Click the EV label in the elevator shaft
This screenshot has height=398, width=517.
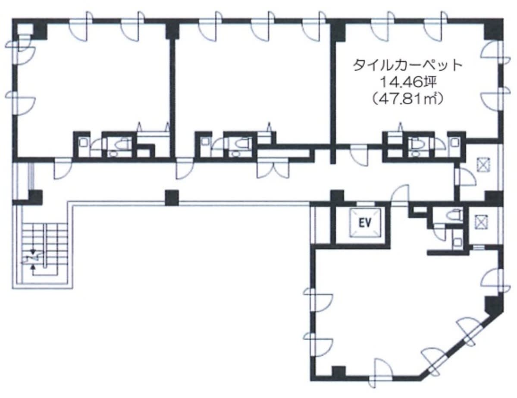pyautogui.click(x=365, y=223)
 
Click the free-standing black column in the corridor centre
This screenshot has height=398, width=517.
pyautogui.click(x=172, y=198)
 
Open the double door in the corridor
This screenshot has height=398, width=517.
pyautogui.click(x=273, y=168)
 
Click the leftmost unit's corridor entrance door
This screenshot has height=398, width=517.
pyautogui.click(x=63, y=169)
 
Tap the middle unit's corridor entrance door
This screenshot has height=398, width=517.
pyautogui.click(x=185, y=169)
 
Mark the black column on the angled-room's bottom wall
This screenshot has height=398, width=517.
pyautogui.click(x=338, y=372)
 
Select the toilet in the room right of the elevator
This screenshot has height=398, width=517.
pyautogui.click(x=454, y=215)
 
